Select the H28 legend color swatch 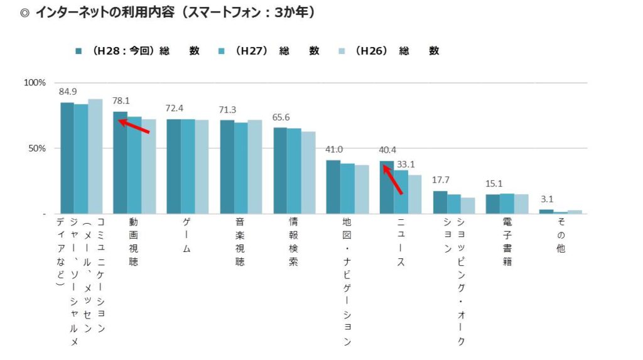pos(78,51)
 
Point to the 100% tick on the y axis pos(35,83)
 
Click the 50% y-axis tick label pos(36,148)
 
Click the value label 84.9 pos(67,92)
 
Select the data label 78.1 pos(121,101)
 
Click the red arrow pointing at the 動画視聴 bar pos(134,126)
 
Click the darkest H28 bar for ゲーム pos(173,166)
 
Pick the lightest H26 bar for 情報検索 pos(309,173)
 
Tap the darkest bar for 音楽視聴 pos(227,167)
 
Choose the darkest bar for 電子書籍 pos(493,204)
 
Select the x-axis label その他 pos(560,236)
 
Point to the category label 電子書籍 pos(507,243)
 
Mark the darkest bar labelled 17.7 pos(440,202)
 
